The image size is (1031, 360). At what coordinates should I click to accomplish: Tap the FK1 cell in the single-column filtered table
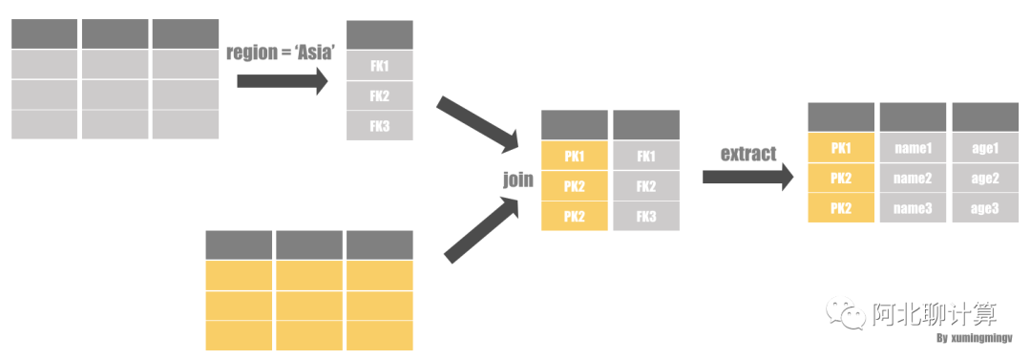coord(380,66)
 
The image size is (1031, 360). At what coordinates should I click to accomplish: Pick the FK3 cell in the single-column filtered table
coord(380,126)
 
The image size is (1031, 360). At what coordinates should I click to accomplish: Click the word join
coord(518,180)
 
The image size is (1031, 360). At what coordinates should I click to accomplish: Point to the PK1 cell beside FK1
coord(574,157)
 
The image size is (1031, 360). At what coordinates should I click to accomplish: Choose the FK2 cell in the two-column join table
coord(646,186)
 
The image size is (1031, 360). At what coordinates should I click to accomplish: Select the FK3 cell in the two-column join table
coord(646,216)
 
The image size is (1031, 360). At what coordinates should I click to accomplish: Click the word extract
coord(748,154)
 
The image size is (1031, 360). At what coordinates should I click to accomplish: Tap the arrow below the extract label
coord(748,177)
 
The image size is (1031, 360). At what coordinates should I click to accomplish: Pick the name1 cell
coord(913,148)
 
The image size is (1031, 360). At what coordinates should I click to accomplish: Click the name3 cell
coord(913,208)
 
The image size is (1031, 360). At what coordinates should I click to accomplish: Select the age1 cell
coord(985,148)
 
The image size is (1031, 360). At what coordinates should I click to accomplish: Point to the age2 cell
coord(985,178)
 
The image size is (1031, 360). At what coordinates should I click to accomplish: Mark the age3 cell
coord(985,208)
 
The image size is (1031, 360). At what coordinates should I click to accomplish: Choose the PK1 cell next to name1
coord(841,148)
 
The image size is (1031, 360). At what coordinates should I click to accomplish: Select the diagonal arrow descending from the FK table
coord(477,122)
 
